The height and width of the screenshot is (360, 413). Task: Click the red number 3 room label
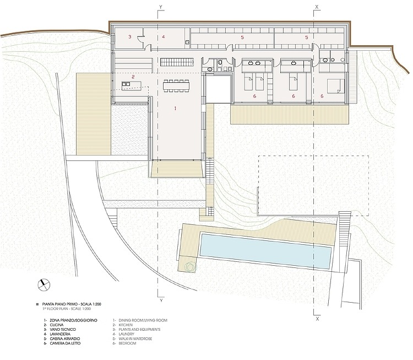coord(129,36)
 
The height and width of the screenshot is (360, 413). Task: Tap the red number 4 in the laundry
coord(164,36)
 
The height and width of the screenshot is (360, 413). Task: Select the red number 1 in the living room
coord(175,108)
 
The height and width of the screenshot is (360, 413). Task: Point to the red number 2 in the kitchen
coord(133,77)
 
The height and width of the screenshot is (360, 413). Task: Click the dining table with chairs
coord(176,86)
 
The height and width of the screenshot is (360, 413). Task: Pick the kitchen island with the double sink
coord(132,85)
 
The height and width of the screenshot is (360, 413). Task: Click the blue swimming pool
coord(265,251)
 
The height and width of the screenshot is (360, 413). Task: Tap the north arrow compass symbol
coord(44,285)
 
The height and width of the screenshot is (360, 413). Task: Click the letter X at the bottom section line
coord(317,319)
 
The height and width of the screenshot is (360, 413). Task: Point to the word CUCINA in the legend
coord(56,325)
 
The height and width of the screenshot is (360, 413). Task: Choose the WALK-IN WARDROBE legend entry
coord(135,338)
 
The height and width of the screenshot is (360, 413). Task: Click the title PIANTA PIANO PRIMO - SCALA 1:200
coord(72,304)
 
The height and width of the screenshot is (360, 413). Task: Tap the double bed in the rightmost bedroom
coord(336,86)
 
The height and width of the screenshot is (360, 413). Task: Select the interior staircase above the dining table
coord(177,62)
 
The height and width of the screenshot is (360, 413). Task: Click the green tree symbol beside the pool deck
coord(191,267)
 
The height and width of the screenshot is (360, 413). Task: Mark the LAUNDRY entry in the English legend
coord(127,334)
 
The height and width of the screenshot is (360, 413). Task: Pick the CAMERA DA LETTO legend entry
coord(65,343)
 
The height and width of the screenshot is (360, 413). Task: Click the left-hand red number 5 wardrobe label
coord(242,37)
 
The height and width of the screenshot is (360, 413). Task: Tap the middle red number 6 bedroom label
coord(294,96)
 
